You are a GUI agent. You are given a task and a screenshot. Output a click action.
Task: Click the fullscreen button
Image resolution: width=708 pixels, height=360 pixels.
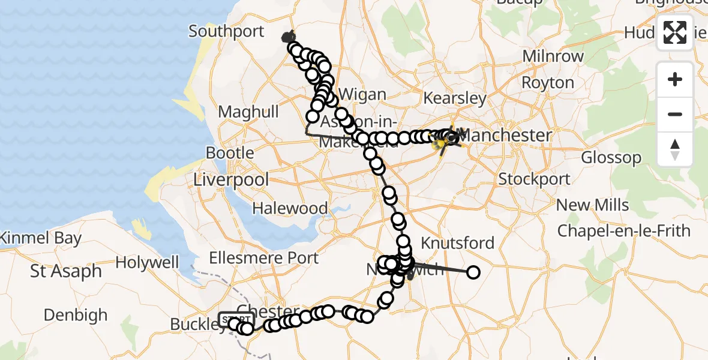point(675,32)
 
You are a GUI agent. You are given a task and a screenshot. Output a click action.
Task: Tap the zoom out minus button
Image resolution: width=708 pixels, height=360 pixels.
point(675,114)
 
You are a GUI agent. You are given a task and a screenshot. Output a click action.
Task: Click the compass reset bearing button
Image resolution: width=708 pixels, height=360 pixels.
point(675,148)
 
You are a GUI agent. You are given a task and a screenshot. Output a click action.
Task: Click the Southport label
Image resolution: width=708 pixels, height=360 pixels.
point(226,31)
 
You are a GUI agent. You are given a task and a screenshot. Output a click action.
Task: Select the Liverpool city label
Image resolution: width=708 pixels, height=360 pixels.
point(232,179)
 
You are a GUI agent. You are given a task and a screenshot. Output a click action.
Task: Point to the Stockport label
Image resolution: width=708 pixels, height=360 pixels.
point(535,179)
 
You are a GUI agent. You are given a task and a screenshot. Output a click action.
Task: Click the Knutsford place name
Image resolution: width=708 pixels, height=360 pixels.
point(458,243)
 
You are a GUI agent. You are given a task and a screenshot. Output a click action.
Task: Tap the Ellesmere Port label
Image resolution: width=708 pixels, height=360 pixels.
point(264,259)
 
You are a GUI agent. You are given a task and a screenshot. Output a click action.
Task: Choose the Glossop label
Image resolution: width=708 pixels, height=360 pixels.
point(611,158)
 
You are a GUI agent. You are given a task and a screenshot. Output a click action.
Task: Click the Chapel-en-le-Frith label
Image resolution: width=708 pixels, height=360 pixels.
point(624,231)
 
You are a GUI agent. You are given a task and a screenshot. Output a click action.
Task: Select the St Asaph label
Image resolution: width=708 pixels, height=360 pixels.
point(66,271)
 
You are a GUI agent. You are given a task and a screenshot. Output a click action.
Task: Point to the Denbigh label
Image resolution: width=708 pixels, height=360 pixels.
point(76,315)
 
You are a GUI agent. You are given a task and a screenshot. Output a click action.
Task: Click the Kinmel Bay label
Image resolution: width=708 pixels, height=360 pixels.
point(40,238)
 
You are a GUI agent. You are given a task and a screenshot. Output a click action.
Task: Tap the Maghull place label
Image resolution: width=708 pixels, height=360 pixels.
point(248,112)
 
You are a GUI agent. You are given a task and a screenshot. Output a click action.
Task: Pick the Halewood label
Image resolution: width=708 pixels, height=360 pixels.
point(290,209)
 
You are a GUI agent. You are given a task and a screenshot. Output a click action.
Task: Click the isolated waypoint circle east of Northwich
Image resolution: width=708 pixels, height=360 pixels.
point(473,273)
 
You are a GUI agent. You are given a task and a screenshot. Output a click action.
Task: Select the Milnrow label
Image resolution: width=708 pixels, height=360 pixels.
point(553,56)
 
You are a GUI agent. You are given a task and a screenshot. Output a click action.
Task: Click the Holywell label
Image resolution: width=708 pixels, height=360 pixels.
point(147,263)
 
